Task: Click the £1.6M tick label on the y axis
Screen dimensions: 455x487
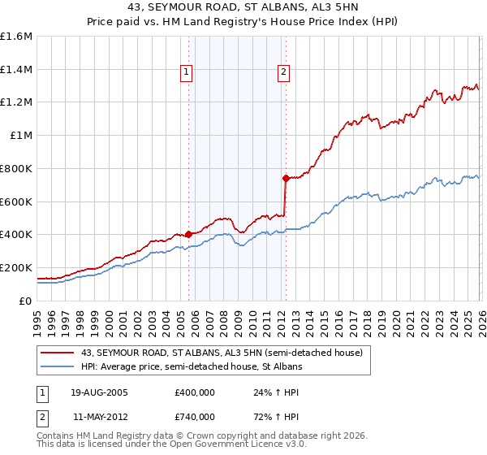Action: [x=16, y=37]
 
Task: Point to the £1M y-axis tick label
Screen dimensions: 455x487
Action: [x=20, y=136]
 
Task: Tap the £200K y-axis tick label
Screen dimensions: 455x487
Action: [x=16, y=267]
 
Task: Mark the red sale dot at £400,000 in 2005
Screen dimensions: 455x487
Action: [x=188, y=234]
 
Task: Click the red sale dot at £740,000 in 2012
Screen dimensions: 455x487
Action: [x=285, y=178]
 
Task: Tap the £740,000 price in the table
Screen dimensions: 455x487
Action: [x=194, y=416]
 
